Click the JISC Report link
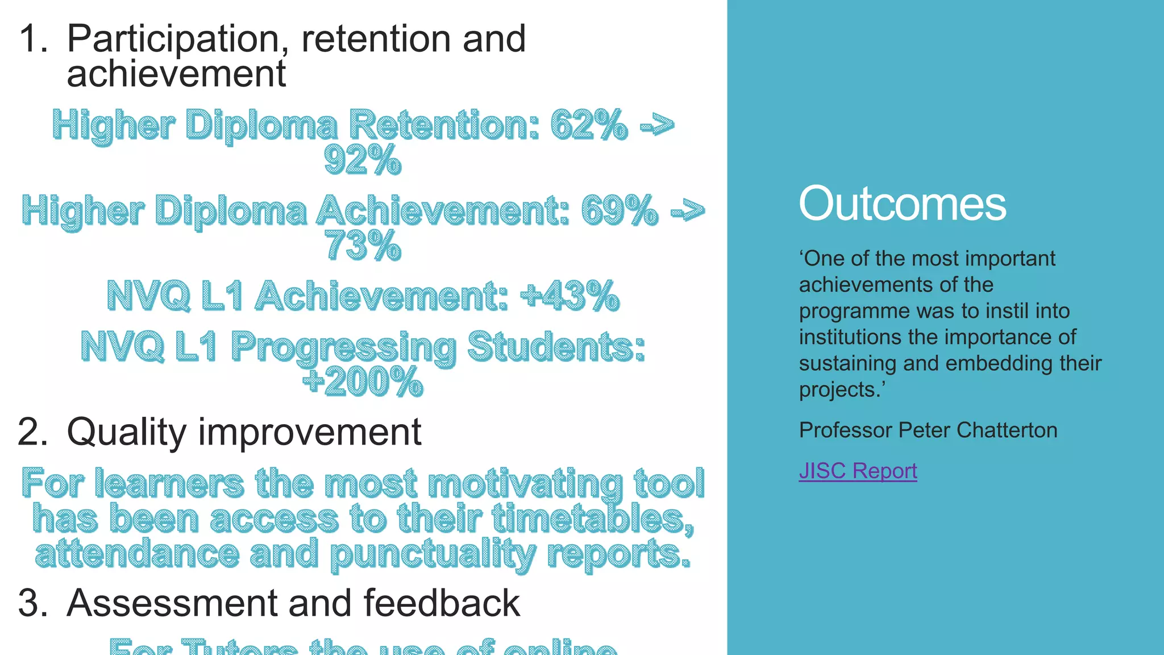[858, 471]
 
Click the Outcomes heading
[902, 204]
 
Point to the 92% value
[363, 160]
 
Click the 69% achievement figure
[620, 210]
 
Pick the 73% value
[363, 246]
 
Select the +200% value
[363, 381]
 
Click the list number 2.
[33, 432]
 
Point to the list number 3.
[33, 603]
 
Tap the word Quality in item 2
[127, 432]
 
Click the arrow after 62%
[657, 125]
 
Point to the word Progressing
[343, 347]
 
